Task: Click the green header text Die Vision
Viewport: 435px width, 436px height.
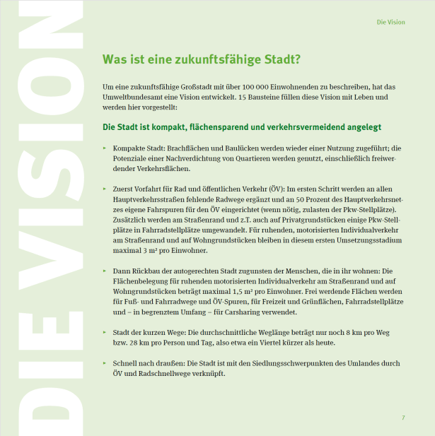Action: pyautogui.click(x=391, y=22)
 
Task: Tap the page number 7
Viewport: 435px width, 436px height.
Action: pyautogui.click(x=403, y=418)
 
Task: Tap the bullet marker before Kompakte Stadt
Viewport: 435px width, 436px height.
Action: pyautogui.click(x=105, y=149)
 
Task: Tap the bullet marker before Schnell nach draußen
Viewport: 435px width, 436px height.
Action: pyautogui.click(x=105, y=364)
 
